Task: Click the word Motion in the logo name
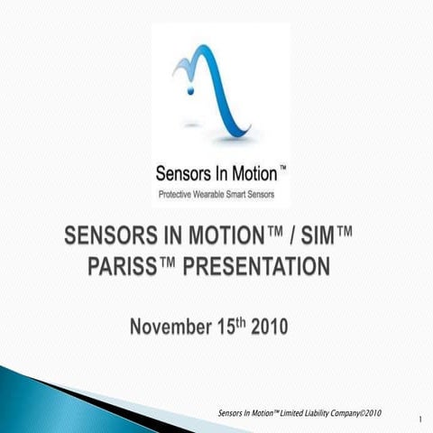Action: click(241, 173)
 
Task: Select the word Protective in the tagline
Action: click(177, 194)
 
